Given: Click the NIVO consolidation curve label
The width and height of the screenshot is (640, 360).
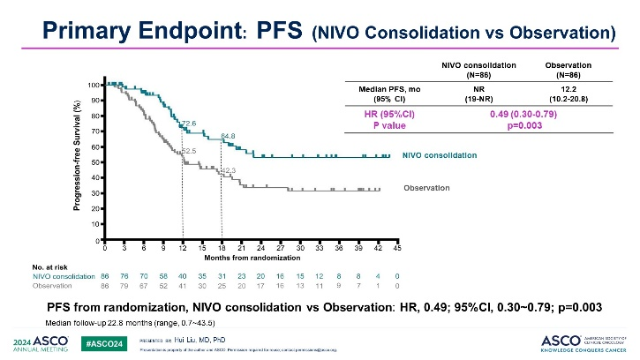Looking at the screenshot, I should pyautogui.click(x=440, y=155).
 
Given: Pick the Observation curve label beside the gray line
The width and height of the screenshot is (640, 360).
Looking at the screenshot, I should pyautogui.click(x=426, y=188).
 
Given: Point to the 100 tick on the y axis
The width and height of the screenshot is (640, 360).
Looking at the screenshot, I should pyautogui.click(x=93, y=85).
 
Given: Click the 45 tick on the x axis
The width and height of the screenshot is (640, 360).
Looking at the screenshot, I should pyautogui.click(x=397, y=249).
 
